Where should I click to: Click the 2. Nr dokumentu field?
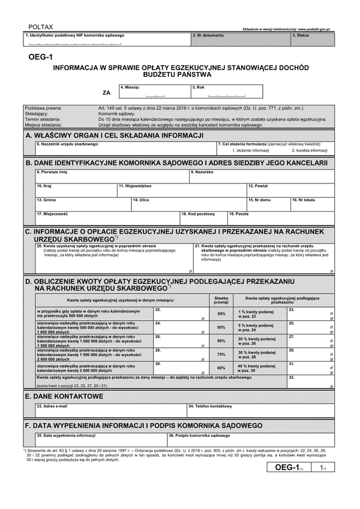pyautogui.click(x=240, y=40)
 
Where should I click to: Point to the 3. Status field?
pyautogui.click(x=311, y=40)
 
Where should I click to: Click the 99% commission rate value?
pyautogui.click(x=221, y=314)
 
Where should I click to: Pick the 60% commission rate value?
pyautogui.click(x=221, y=368)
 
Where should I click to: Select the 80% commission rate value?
pyautogui.click(x=221, y=341)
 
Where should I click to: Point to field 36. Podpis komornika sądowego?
pyautogui.click(x=250, y=440)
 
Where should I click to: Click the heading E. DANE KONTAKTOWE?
pyautogui.click(x=65, y=396)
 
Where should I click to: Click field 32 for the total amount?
pyautogui.click(x=311, y=382)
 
